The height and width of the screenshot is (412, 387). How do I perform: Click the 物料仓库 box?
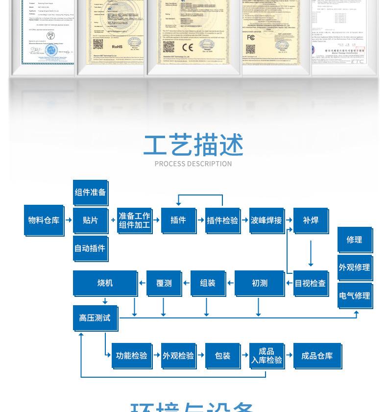tap(44, 220)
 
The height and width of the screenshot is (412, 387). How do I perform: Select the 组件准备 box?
tap(90, 193)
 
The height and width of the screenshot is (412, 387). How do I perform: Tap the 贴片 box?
tap(90, 220)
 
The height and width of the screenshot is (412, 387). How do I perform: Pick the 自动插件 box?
tap(90, 248)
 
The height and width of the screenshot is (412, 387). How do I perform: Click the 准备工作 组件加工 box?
tap(134, 220)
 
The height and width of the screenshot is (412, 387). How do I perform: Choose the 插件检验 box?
tap(222, 220)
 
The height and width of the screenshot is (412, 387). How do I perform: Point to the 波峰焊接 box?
tap(266, 220)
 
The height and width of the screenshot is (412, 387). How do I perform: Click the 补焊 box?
tap(311, 220)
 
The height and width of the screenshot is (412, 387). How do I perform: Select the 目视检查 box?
tap(310, 283)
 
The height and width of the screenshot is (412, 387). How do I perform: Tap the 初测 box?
tap(260, 283)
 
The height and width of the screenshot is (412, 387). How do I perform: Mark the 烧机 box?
tap(105, 283)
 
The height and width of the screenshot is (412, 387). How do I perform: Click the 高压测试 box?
tap(95, 318)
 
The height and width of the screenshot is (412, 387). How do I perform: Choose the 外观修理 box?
tap(355, 267)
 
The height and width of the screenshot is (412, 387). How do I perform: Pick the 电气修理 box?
tap(355, 295)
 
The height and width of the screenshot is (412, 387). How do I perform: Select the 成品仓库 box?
tap(317, 356)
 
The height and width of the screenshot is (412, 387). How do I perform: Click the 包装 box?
tap(222, 356)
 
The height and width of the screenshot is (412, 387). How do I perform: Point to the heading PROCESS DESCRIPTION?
tap(193, 164)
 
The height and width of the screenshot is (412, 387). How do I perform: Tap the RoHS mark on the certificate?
tap(117, 47)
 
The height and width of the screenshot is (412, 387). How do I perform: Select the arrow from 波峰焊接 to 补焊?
tap(289, 220)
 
